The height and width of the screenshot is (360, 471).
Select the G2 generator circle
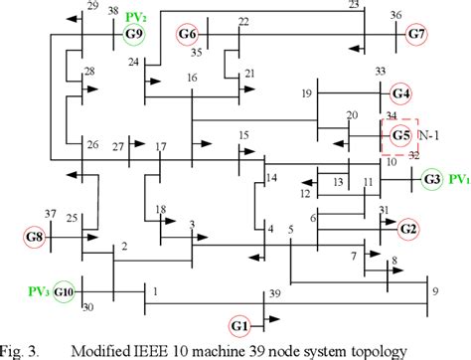tap(407, 228)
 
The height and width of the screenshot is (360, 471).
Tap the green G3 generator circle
tap(431, 180)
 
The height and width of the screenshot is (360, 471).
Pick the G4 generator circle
tap(400, 94)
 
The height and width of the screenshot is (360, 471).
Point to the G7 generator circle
tap(415, 35)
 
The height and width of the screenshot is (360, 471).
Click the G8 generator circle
tap(35, 237)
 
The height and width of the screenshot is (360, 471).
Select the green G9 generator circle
tap(134, 35)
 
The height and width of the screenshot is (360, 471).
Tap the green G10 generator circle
tap(65, 291)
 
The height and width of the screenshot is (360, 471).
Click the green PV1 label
tap(459, 180)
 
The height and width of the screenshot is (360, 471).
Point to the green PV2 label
tap(136, 17)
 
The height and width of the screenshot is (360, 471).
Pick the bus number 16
tap(192, 79)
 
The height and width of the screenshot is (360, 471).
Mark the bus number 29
tap(91, 7)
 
